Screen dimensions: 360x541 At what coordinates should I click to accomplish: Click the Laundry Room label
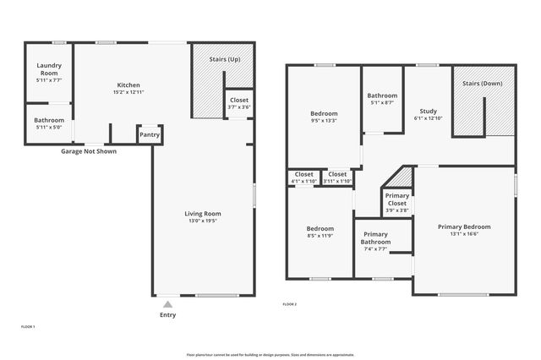click(49, 70)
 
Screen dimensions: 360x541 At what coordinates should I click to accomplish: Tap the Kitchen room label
click(128, 85)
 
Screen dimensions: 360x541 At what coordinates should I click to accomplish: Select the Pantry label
click(149, 134)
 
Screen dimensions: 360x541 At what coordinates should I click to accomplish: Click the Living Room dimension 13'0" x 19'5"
click(203, 221)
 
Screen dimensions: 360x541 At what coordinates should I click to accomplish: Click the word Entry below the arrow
click(168, 315)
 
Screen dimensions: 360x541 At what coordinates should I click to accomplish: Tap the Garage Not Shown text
click(89, 151)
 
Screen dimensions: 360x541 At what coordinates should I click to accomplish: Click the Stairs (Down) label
click(483, 84)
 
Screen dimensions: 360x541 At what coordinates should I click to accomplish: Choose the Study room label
click(428, 111)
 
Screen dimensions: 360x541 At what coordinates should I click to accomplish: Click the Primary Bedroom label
click(463, 226)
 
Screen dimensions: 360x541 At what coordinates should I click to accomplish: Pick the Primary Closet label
click(397, 199)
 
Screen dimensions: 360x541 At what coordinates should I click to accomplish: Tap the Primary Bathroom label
click(376, 237)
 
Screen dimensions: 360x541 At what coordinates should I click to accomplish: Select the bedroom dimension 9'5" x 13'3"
click(324, 121)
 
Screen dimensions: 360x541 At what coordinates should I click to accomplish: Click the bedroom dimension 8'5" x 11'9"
click(320, 236)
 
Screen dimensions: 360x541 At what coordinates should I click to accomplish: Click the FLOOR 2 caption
click(289, 303)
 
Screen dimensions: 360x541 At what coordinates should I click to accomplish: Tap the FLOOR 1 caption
click(28, 326)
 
